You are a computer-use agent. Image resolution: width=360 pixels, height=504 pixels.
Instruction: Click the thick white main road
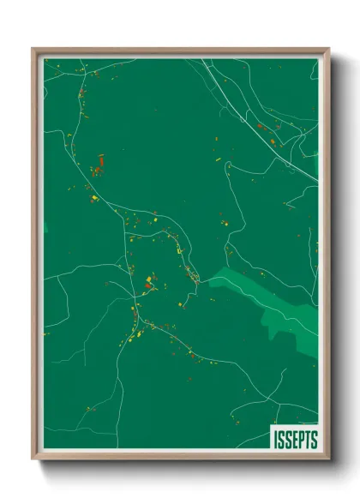click(x=257, y=120)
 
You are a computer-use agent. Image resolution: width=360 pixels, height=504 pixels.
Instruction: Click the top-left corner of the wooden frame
click(x=33, y=49)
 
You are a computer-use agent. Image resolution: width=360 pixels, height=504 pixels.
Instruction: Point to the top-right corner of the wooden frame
click(x=328, y=49)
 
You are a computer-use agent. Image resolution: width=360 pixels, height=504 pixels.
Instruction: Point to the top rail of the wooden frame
click(x=180, y=50)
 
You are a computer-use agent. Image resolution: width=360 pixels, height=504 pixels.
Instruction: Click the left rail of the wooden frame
click(x=34, y=257)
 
